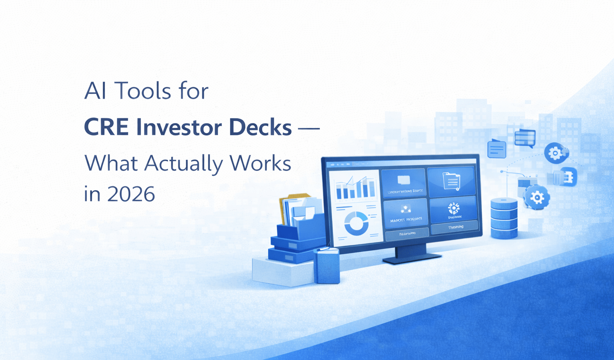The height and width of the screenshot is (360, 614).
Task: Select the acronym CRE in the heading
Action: (106, 127)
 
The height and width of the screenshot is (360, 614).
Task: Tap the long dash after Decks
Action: (309, 128)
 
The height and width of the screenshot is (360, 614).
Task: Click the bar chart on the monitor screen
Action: (355, 189)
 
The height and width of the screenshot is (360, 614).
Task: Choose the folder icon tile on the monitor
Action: (451, 182)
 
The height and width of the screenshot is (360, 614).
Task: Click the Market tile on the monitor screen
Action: (405, 213)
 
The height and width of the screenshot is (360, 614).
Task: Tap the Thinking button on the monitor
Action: (455, 227)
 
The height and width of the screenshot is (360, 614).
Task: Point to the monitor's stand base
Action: (412, 258)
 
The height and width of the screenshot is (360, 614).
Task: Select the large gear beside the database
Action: (536, 197)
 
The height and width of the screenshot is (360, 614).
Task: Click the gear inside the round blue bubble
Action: (555, 153)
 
